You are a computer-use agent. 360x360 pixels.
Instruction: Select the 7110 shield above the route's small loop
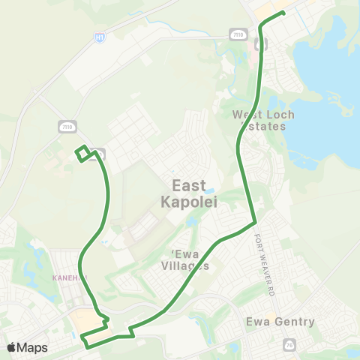click(67, 127)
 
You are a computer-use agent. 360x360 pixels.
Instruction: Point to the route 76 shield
click(289, 344)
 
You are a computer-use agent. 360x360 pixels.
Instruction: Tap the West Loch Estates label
click(263, 120)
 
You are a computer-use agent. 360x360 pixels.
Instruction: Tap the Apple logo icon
click(12, 347)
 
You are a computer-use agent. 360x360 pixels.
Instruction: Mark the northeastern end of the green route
click(283, 13)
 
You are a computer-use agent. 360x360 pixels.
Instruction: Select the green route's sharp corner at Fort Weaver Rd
click(255, 222)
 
